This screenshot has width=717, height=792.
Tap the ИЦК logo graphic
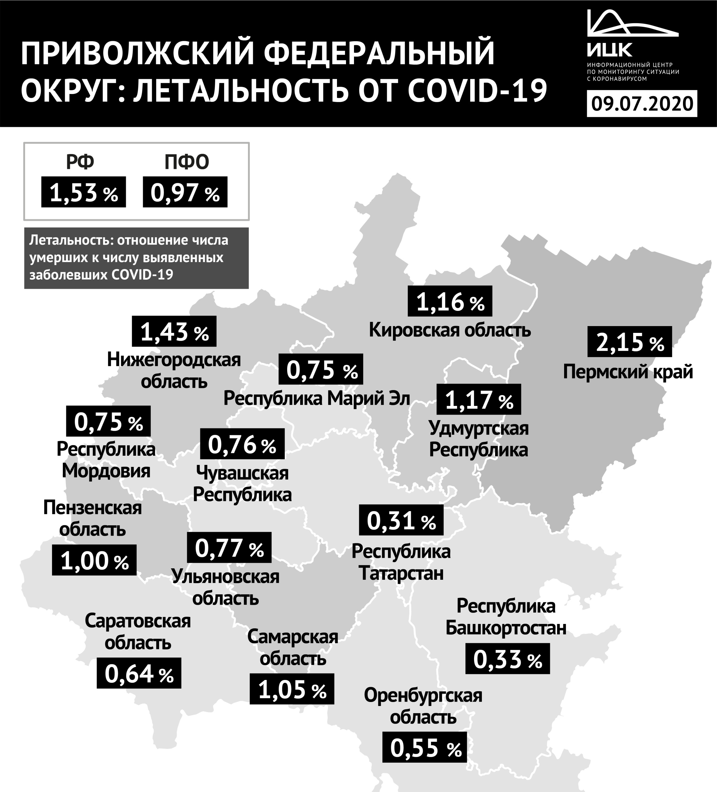coord(632,28)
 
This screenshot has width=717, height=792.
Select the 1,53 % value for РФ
coord(83,192)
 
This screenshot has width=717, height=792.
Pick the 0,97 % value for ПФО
coord(185,192)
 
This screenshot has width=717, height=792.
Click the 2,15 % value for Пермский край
coord(629,342)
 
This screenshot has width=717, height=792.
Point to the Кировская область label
coord(450,330)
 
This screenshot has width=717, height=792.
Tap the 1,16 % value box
coord(450,301)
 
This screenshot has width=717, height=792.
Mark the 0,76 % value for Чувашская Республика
coord(242,444)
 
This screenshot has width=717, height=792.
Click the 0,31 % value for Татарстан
coord(401,520)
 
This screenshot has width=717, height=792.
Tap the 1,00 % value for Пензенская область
coord(94,560)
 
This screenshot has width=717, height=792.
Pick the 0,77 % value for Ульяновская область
coord(229,548)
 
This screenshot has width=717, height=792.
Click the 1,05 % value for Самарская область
coord(292,689)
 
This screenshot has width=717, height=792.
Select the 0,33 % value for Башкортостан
coord(508,659)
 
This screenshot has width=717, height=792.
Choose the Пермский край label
coord(628,372)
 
